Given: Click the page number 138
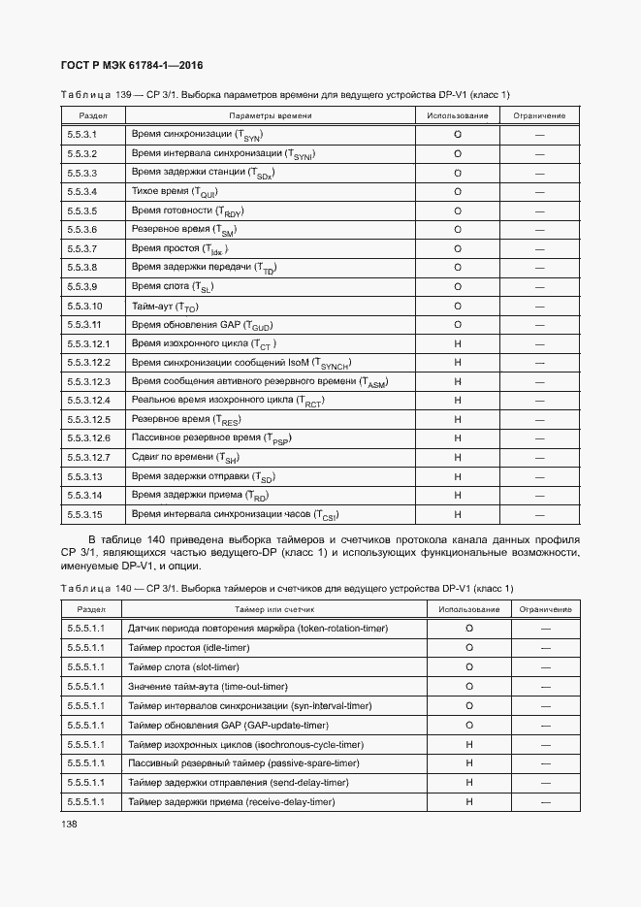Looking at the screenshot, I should pos(72,824).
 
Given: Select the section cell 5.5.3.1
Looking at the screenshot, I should pos(82,134).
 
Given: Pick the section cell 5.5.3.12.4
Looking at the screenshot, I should pos(89,401).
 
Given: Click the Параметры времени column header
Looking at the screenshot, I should pos(270,115).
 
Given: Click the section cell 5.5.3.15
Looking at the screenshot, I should pos(85,515).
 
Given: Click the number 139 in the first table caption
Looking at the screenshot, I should pos(123,94).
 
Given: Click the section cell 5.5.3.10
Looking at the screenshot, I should pos(85,307).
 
